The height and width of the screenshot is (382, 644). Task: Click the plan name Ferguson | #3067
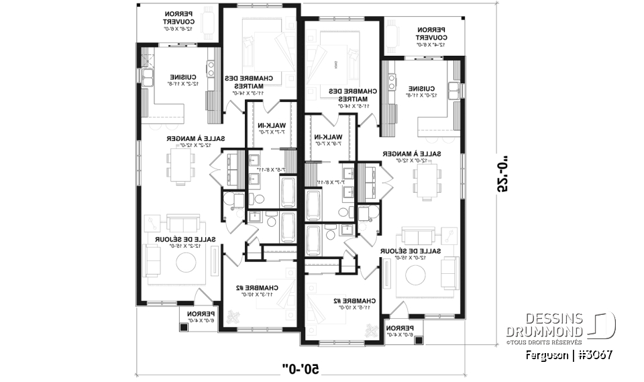click(x=570, y=354)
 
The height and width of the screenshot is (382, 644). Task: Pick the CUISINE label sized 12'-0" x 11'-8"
click(x=426, y=91)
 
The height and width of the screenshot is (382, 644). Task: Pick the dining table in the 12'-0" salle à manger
click(x=425, y=180)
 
